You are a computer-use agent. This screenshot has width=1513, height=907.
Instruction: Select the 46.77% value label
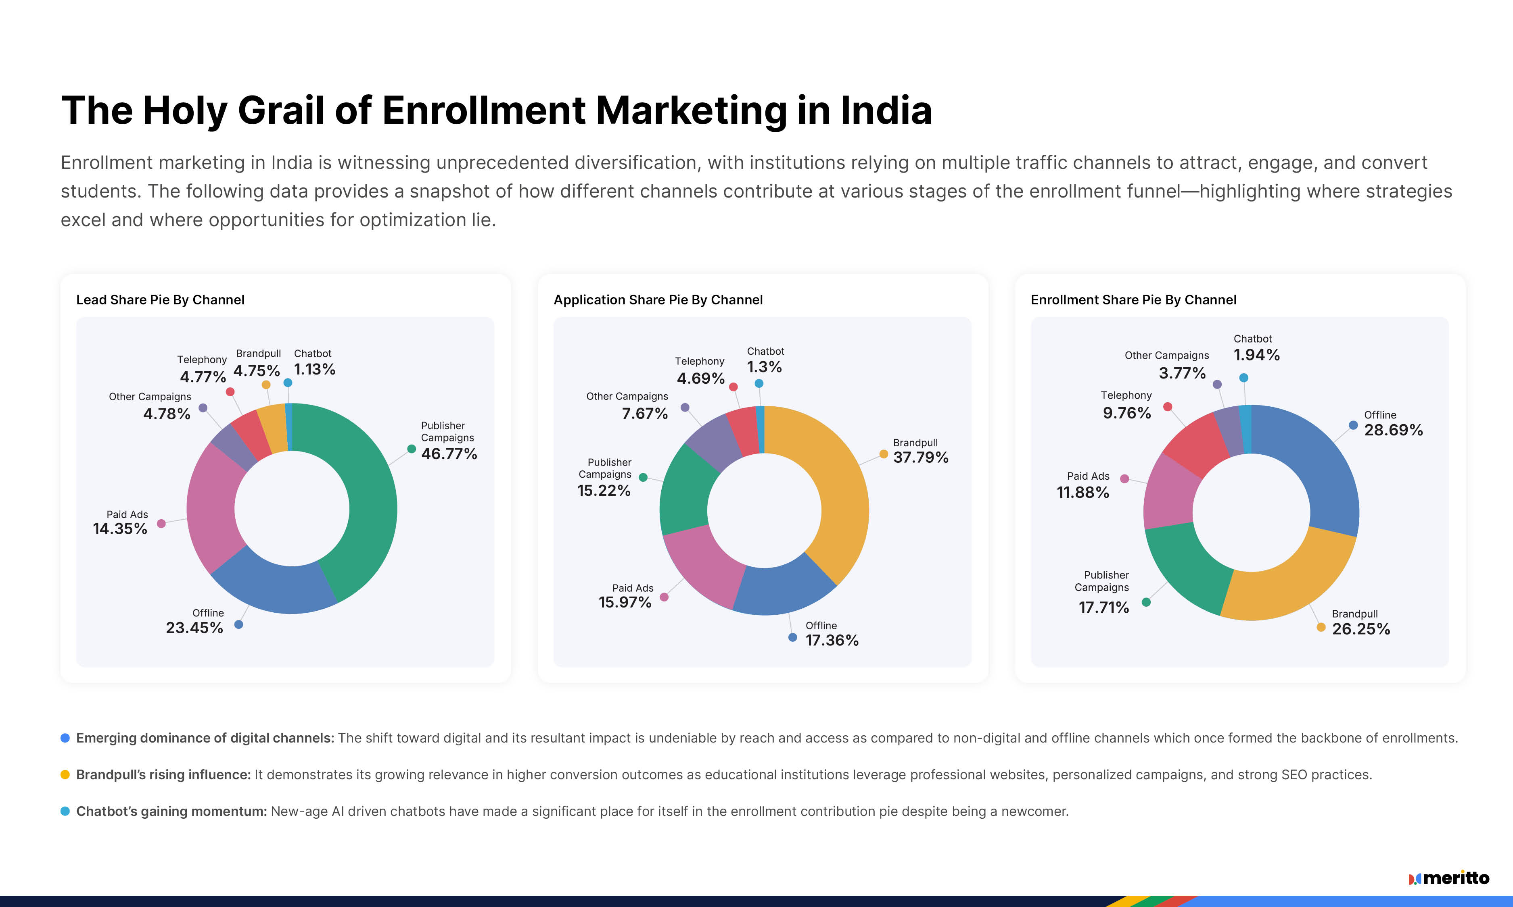click(449, 453)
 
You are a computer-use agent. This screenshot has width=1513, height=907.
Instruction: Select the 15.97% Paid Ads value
click(625, 602)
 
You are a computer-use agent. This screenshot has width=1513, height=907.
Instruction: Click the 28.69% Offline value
click(1393, 430)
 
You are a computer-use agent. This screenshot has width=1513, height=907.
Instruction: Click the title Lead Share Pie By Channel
click(160, 300)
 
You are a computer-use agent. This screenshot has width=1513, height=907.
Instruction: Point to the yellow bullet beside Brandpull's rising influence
click(65, 774)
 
